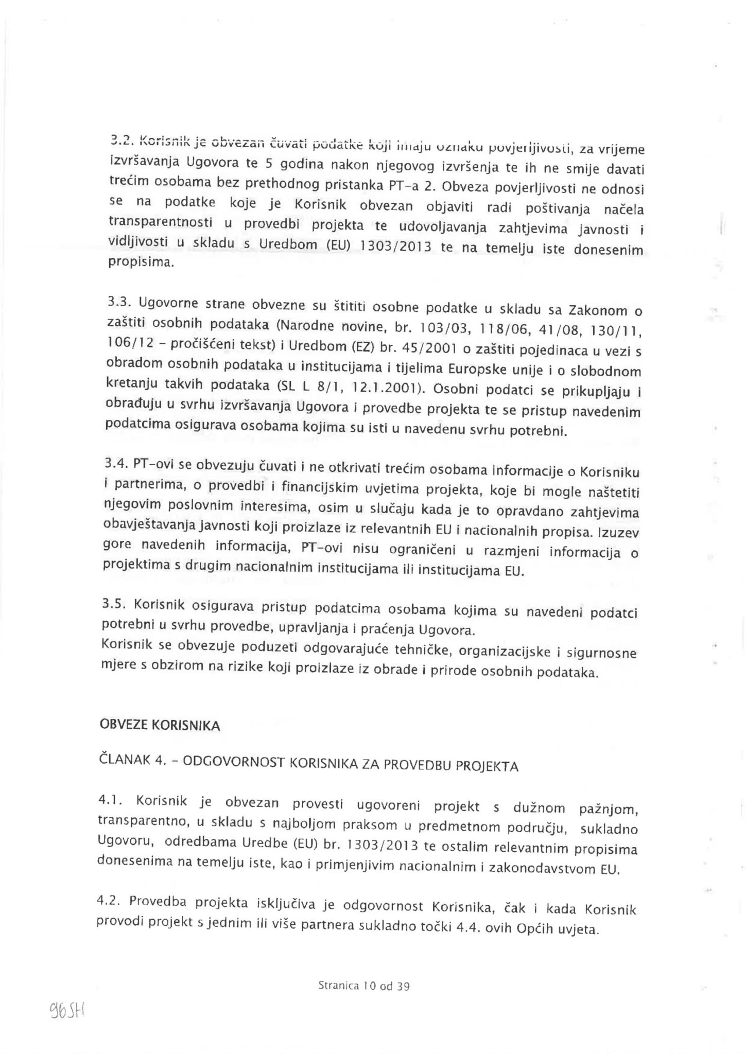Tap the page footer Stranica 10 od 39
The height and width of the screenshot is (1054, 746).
363,986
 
